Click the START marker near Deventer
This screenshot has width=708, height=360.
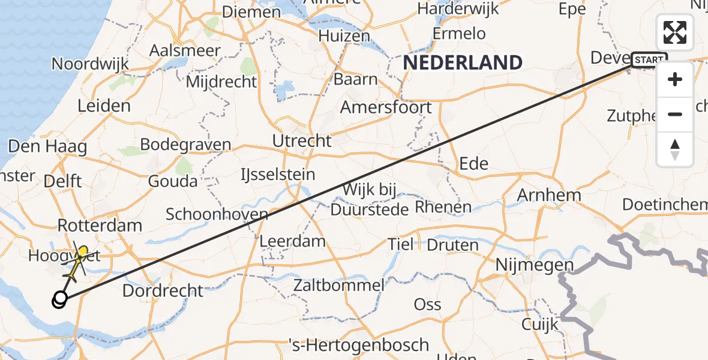click(x=649, y=60)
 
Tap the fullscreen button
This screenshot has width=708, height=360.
click(x=675, y=32)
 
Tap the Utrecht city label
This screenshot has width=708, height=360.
click(x=302, y=141)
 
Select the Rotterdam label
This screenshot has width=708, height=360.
click(x=100, y=226)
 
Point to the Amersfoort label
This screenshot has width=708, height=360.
click(x=386, y=108)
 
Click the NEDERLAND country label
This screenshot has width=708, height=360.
click(x=463, y=62)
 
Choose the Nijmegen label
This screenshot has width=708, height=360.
click(x=535, y=265)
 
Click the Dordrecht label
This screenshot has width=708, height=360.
click(x=163, y=291)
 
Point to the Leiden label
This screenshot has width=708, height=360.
click(x=104, y=106)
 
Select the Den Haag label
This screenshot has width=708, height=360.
click(x=47, y=146)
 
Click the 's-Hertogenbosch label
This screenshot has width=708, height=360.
click(x=358, y=345)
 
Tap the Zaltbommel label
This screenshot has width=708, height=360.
click(x=338, y=285)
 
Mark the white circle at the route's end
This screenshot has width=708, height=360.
click(x=60, y=298)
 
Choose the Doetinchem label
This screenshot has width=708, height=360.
click(x=664, y=205)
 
